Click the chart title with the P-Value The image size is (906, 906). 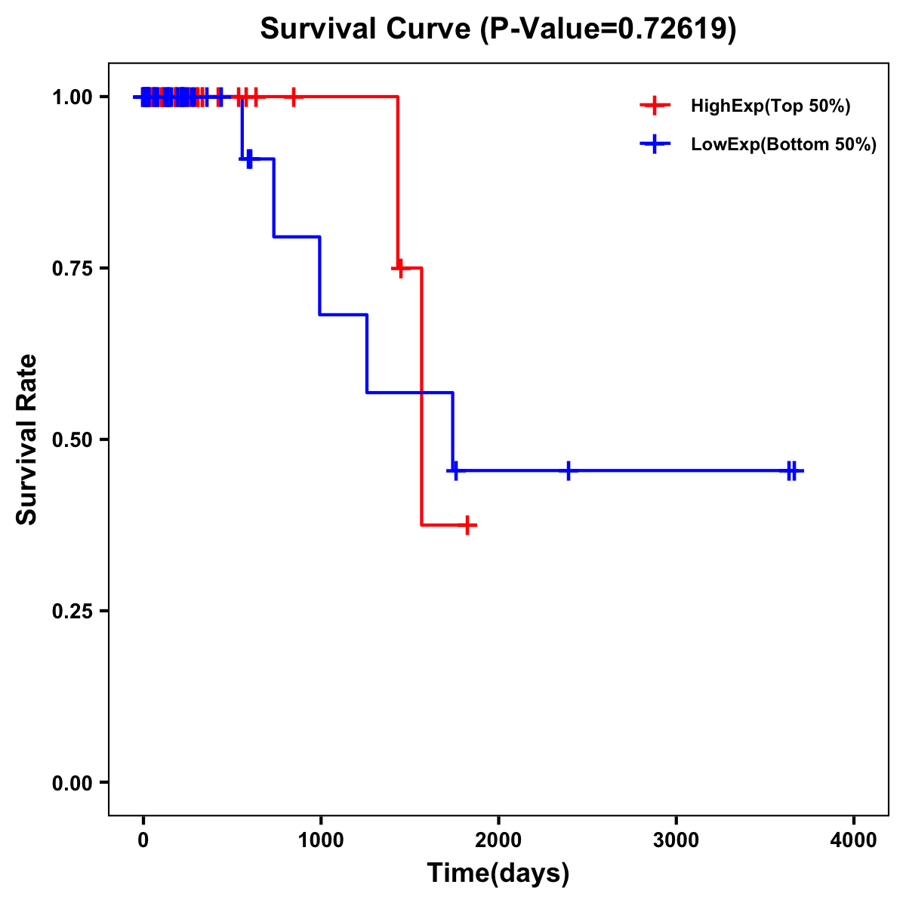click(498, 29)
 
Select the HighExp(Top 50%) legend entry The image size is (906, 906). click(770, 106)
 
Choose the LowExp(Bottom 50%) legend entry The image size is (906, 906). click(783, 145)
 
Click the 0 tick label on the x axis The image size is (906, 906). click(143, 840)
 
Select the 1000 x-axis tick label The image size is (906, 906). click(320, 840)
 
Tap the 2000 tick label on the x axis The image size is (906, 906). click(498, 840)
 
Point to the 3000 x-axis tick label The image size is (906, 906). click(676, 840)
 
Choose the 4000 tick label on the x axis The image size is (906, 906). click(854, 840)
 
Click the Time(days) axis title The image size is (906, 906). click(498, 874)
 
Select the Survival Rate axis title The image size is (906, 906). click(27, 439)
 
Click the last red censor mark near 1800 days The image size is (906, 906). click(468, 525)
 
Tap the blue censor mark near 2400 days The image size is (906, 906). click(568, 470)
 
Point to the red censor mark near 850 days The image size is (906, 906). click(294, 97)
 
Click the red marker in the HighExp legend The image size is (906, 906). click(655, 106)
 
